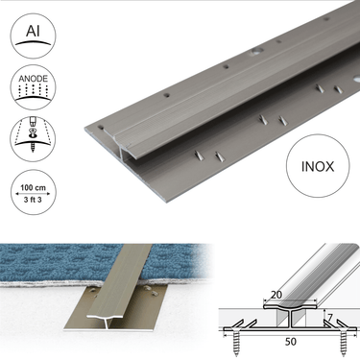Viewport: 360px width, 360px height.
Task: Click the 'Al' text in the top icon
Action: click(33, 31)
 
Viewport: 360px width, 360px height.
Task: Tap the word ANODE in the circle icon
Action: click(33, 79)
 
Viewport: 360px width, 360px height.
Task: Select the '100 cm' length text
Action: click(33, 187)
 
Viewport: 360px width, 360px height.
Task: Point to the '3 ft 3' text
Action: click(33, 200)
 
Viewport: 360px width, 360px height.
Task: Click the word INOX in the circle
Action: click(318, 167)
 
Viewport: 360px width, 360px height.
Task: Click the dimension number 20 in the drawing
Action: click(276, 295)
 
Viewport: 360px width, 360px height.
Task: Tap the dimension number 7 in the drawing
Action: click(330, 318)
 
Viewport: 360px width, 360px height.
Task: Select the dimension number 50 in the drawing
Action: click(290, 342)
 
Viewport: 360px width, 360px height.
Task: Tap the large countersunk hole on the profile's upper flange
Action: click(256, 51)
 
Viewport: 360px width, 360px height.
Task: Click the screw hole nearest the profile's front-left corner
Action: click(101, 128)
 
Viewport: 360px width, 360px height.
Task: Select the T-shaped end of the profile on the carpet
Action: click(105, 319)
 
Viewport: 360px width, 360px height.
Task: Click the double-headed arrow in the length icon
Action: click(33, 194)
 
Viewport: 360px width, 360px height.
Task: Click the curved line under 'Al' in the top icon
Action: click(33, 42)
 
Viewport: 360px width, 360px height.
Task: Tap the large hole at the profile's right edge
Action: click(357, 79)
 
